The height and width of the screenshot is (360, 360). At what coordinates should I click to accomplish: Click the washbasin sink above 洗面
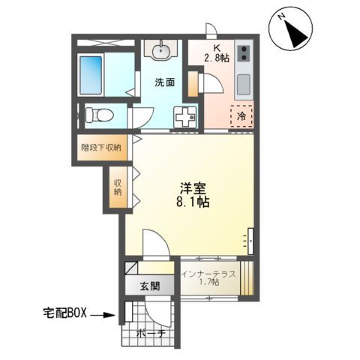160,51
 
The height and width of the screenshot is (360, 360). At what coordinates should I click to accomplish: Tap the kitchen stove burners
244,54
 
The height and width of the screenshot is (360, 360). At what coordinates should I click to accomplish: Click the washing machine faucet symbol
184,116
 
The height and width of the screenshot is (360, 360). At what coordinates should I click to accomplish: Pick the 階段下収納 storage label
101,147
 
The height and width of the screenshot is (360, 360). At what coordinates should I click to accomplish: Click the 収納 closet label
118,187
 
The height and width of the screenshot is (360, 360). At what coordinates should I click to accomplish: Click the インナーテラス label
209,274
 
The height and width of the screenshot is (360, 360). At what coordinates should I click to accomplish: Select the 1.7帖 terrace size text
209,283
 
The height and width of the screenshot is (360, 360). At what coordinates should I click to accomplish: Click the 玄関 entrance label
149,286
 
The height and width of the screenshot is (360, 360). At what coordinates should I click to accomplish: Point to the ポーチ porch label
150,335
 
